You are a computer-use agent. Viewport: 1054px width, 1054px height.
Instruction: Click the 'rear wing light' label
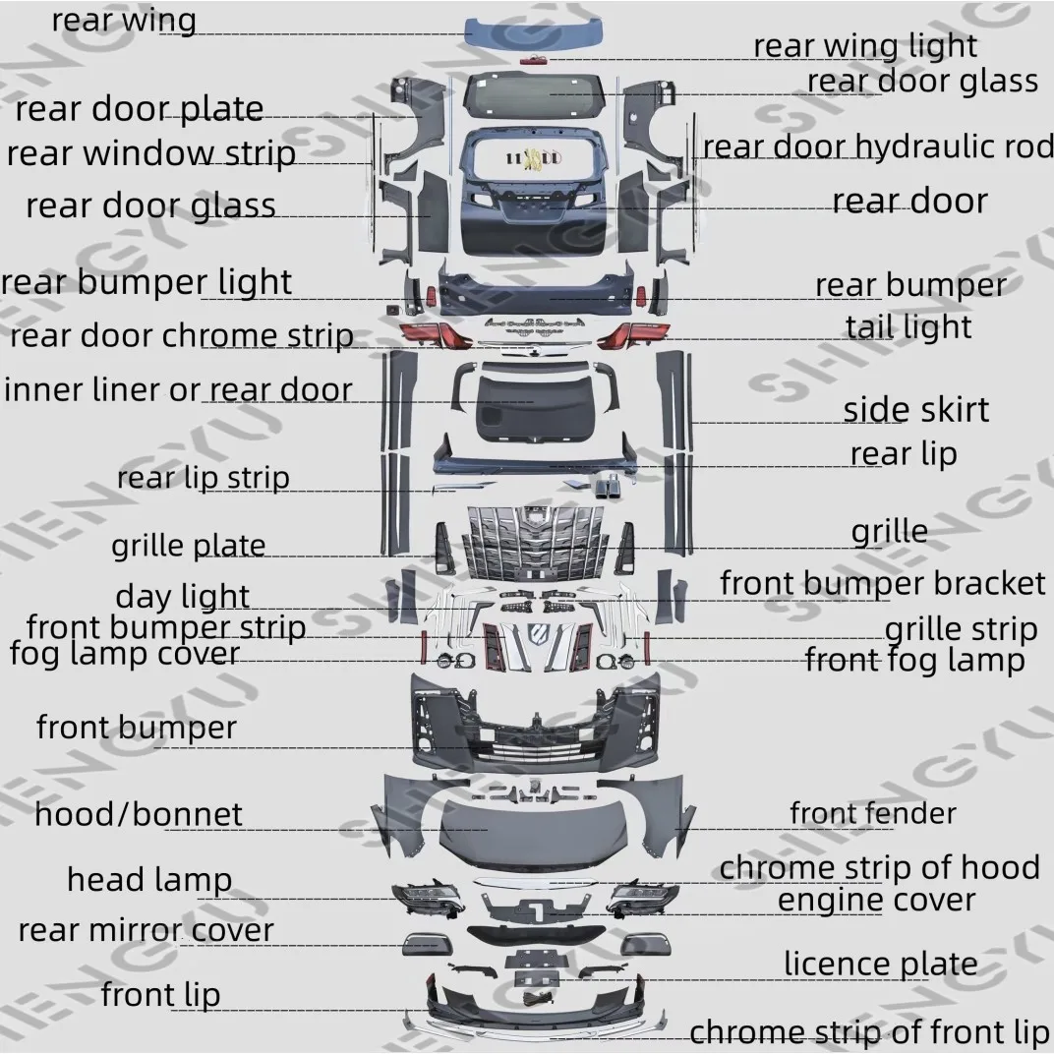tap(864, 46)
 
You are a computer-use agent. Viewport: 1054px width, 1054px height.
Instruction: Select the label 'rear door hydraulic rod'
tap(877, 146)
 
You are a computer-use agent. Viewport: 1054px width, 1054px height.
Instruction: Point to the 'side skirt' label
tap(915, 409)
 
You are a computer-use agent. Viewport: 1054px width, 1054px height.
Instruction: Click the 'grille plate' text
tap(188, 545)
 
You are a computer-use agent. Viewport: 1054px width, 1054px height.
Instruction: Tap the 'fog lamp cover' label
tap(124, 653)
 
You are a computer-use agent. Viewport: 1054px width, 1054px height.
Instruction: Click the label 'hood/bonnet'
tap(138, 814)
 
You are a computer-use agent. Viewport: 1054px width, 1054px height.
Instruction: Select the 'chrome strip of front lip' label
tap(869, 1032)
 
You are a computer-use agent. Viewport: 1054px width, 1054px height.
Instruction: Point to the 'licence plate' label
tap(880, 964)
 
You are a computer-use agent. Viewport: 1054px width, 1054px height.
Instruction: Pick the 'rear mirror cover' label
tap(146, 929)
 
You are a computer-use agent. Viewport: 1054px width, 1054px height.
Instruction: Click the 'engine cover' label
tap(876, 900)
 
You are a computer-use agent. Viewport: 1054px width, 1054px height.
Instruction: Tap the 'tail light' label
tap(908, 327)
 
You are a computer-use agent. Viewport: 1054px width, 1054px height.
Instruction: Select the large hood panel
tap(532, 831)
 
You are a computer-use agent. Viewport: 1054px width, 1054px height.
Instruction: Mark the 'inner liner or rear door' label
tap(177, 389)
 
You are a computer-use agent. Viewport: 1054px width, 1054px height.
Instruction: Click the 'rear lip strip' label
tap(203, 478)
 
